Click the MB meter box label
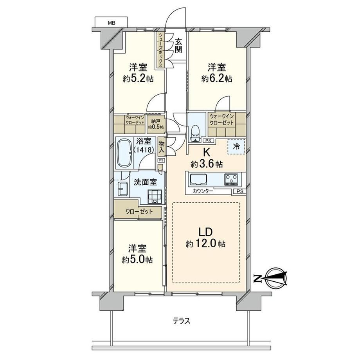tap(112, 23)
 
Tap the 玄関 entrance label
tap(178, 46)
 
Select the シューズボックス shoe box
tap(161, 50)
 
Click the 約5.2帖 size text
tap(138, 79)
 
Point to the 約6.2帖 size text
tap(217, 79)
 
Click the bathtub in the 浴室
tap(125, 153)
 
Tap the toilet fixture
tap(195, 134)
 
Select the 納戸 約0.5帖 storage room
tap(156, 124)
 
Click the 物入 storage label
tap(161, 147)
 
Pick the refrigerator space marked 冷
tap(236, 146)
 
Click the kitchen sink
tap(198, 179)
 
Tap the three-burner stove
tap(232, 179)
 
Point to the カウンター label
tap(203, 191)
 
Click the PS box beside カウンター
tap(240, 191)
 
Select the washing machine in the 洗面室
tap(155, 197)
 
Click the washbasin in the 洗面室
tap(122, 189)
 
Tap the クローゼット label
tap(139, 211)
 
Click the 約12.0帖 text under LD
tap(205, 244)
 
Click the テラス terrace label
tap(182, 321)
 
